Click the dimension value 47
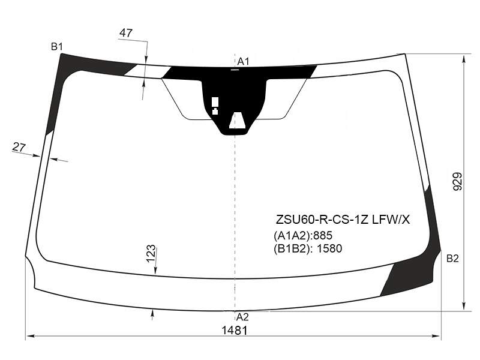[126, 33]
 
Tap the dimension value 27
[19, 147]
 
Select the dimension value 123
[151, 254]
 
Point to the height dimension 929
[457, 182]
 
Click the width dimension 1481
[234, 331]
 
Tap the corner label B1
[57, 47]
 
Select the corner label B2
[452, 259]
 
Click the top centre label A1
[244, 62]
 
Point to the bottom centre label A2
[242, 317]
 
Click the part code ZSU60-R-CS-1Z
[322, 220]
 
